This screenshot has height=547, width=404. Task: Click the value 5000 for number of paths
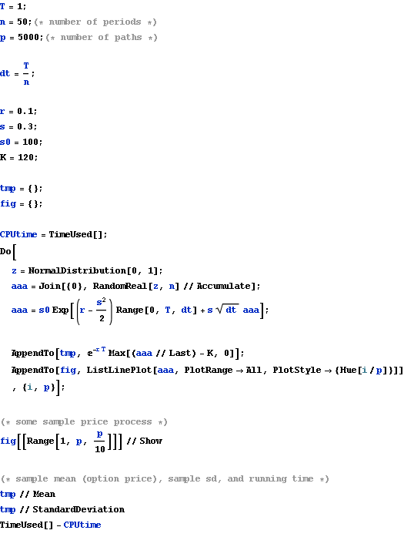[x=30, y=37]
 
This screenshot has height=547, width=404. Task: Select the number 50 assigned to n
[x=23, y=22]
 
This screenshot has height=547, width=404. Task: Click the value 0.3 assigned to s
[x=26, y=126]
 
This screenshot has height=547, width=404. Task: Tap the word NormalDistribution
[x=77, y=270]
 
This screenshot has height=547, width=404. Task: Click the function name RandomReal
[x=119, y=286]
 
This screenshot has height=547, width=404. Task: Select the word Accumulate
[x=223, y=286]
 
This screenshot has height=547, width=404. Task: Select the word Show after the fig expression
[x=151, y=441]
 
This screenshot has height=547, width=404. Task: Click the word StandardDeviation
[x=78, y=509]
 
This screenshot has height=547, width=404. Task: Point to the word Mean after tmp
[x=44, y=494]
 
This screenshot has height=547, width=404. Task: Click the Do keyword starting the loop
[x=5, y=251]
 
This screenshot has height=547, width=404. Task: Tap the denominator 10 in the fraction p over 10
[x=100, y=449]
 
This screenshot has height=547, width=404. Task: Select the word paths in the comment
[x=128, y=37]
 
